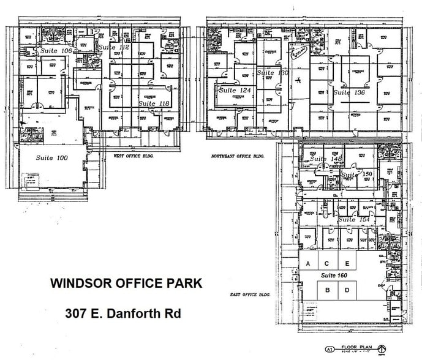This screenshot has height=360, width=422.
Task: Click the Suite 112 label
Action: point(114,47)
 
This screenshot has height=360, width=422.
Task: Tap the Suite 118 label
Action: point(154,104)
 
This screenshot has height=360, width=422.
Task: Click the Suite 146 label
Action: point(325,159)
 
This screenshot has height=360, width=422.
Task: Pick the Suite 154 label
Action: point(355,219)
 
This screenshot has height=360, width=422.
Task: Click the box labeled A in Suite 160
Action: point(309,263)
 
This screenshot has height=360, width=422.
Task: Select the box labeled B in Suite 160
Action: point(328,290)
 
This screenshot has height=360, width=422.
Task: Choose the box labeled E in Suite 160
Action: point(347,263)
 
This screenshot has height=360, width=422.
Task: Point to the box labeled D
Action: point(347,290)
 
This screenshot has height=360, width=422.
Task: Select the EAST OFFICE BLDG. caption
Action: point(251,294)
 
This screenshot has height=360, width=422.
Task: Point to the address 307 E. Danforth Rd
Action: point(122,313)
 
